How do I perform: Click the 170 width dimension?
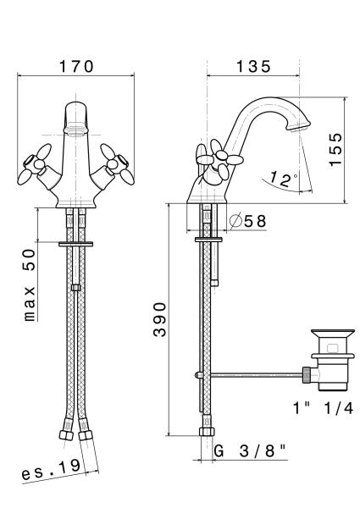pos(76,67)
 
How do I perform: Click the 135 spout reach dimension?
pos(253,67)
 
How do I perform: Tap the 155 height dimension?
pos(335,150)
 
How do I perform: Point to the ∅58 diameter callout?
pos(248,221)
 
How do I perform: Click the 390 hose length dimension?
pos(160,320)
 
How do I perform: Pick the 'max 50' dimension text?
pos(30,285)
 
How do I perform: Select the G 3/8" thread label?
pos(250,451)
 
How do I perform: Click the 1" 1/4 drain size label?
pos(323,409)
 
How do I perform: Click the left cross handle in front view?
pos(35,165)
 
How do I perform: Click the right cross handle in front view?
pos(117,165)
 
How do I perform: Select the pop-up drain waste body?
pos(332,360)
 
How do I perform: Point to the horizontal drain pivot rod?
pos(257,375)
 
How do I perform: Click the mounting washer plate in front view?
pos(76,244)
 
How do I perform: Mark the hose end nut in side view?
pos(207,432)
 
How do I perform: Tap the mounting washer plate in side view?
pos(208,240)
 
